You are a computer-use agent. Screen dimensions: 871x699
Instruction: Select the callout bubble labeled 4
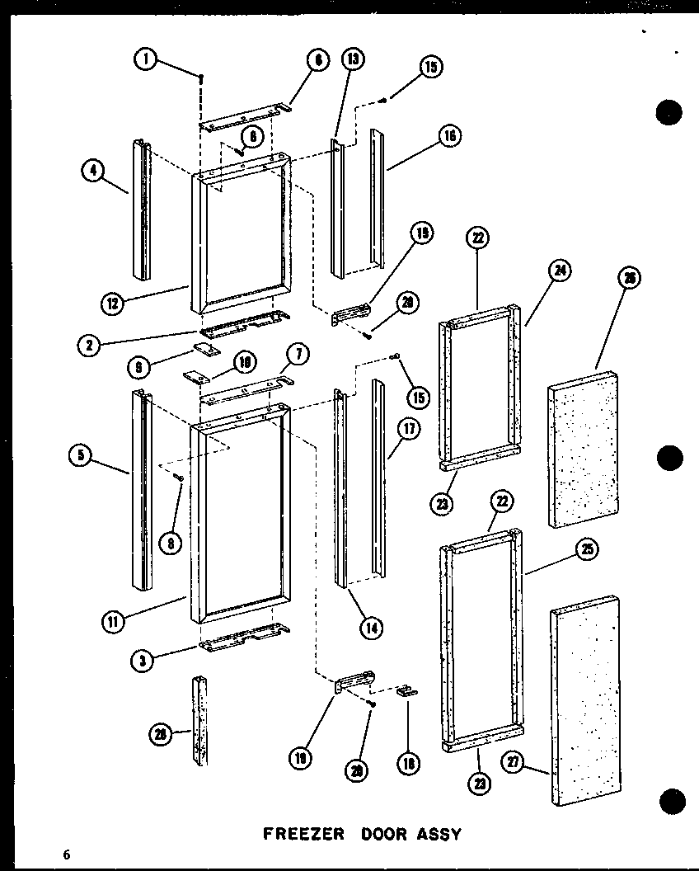pos(93,172)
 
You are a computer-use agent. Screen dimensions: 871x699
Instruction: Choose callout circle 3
pos(145,658)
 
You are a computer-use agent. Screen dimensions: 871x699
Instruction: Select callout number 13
pos(353,59)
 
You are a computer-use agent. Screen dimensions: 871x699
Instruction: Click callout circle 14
pos(370,628)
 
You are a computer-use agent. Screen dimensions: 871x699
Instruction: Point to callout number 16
pos(449,135)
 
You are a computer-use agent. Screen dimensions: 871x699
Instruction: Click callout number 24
pos(563,271)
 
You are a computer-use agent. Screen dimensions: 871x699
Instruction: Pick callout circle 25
pos(589,550)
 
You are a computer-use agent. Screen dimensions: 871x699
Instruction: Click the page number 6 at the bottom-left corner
pos(65,854)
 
